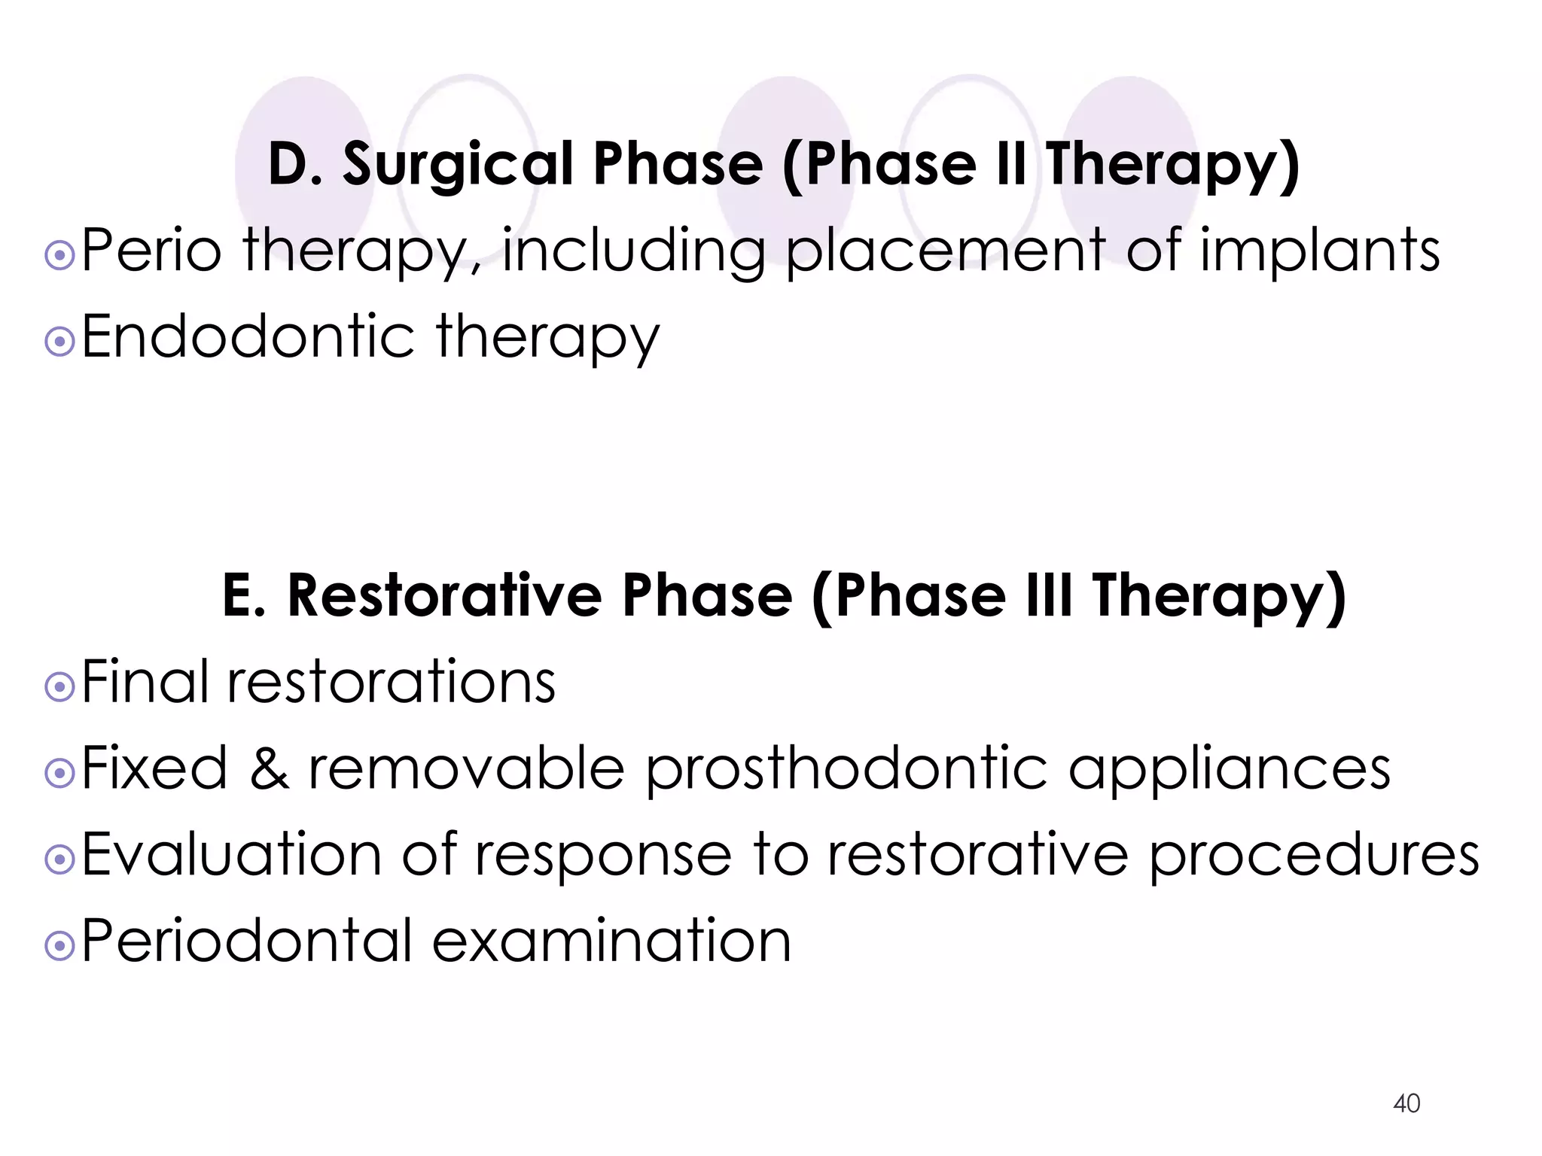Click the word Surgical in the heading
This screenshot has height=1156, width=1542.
459,165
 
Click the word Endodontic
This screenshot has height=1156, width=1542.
248,336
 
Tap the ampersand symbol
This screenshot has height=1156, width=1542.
268,768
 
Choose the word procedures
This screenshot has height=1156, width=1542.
1314,856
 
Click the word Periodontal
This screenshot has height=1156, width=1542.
247,941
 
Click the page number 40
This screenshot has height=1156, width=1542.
1406,1103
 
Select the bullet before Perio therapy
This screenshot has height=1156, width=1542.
59,257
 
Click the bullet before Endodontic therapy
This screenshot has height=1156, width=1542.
59,343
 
